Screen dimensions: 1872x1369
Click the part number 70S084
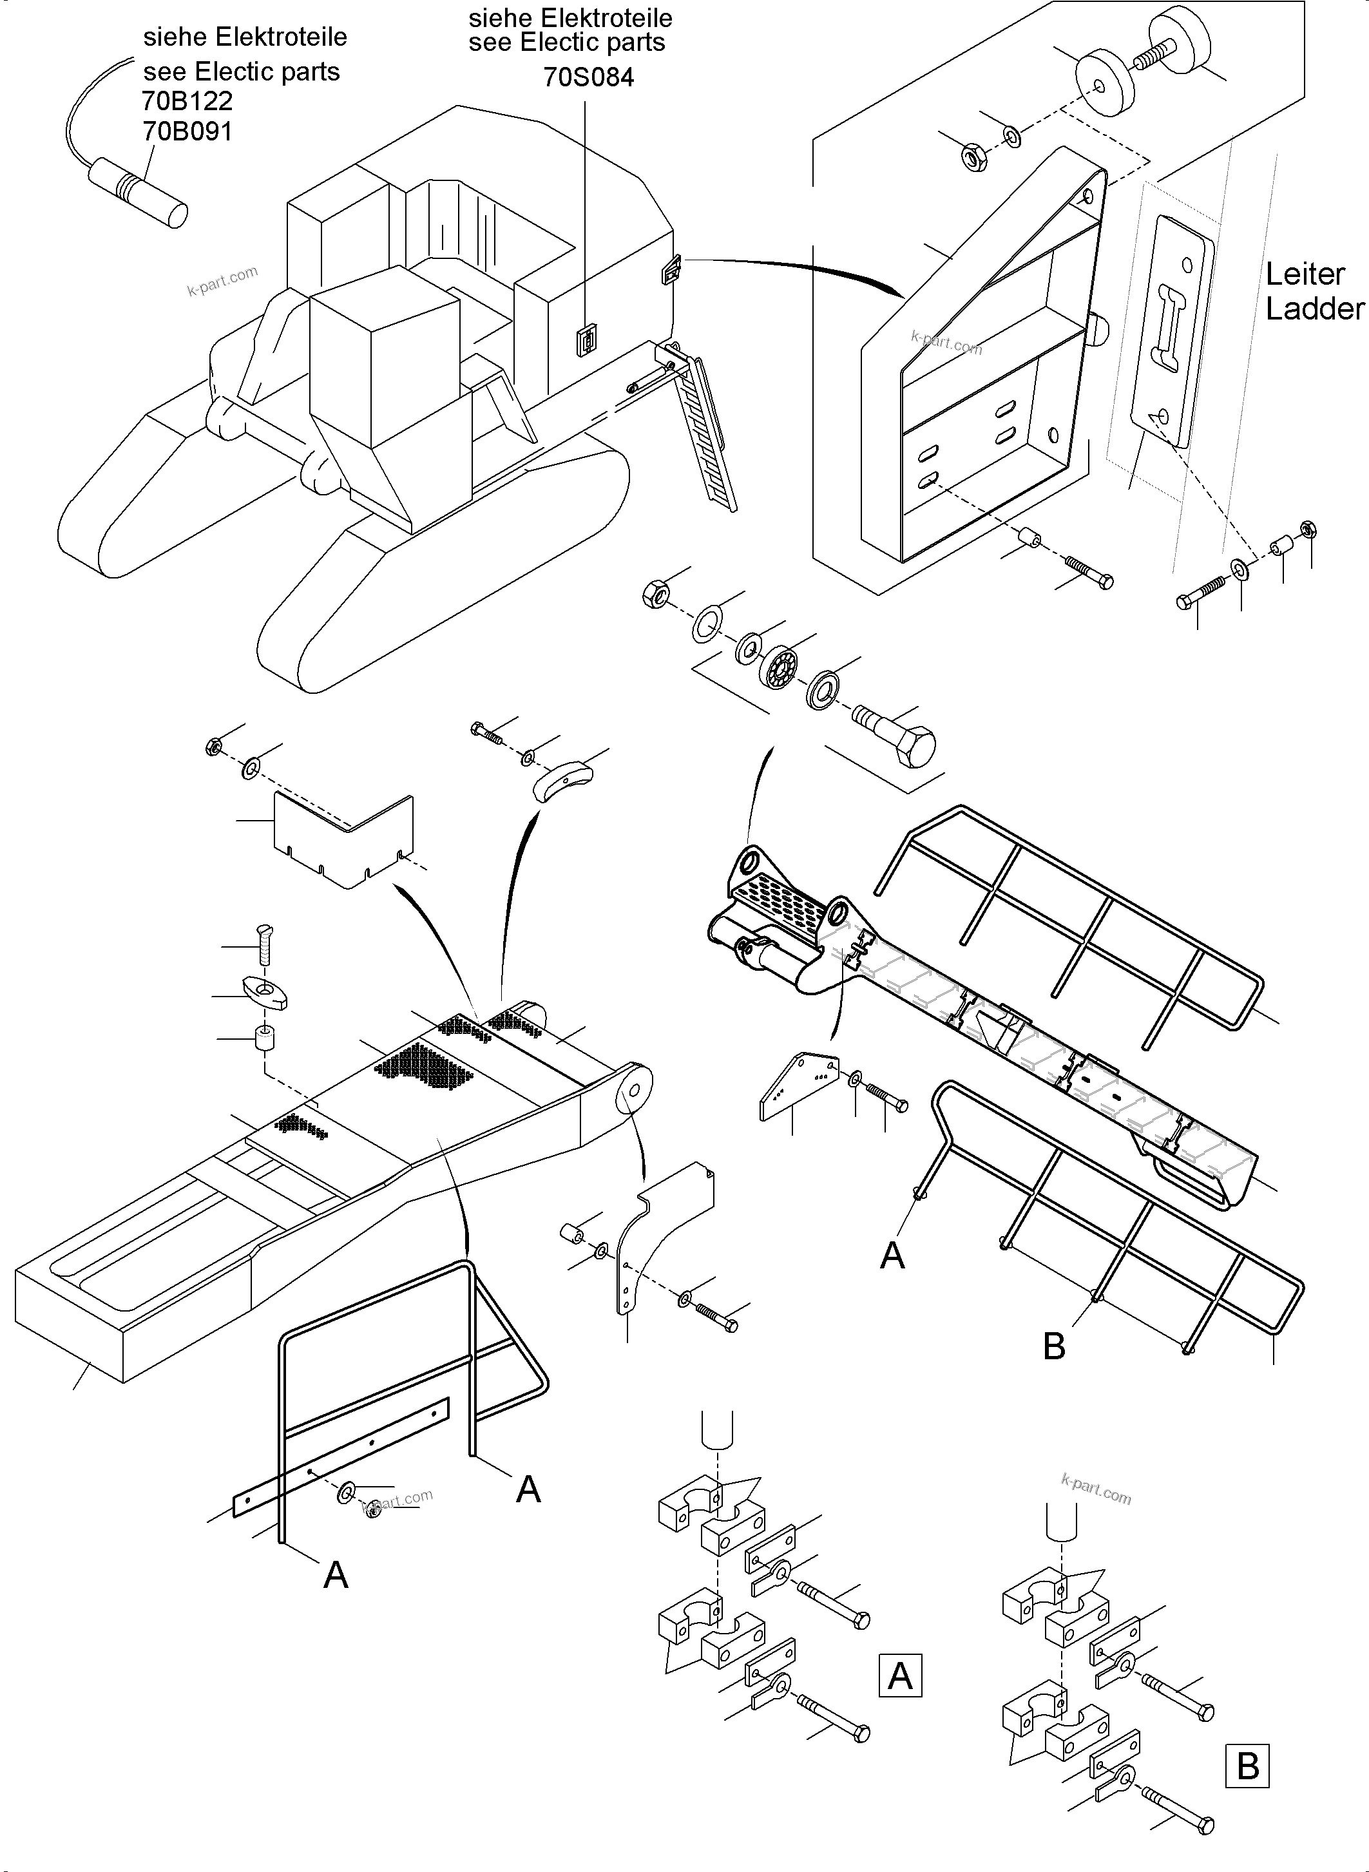tap(588, 77)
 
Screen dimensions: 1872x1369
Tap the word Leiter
tap(1305, 274)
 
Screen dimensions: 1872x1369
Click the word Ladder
tap(1314, 309)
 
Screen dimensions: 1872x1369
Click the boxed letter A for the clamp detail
tap(900, 1676)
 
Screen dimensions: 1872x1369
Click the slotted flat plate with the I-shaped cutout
tap(1175, 332)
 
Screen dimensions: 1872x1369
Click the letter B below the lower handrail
tap(1053, 1346)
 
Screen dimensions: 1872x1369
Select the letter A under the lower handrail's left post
tap(892, 1256)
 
